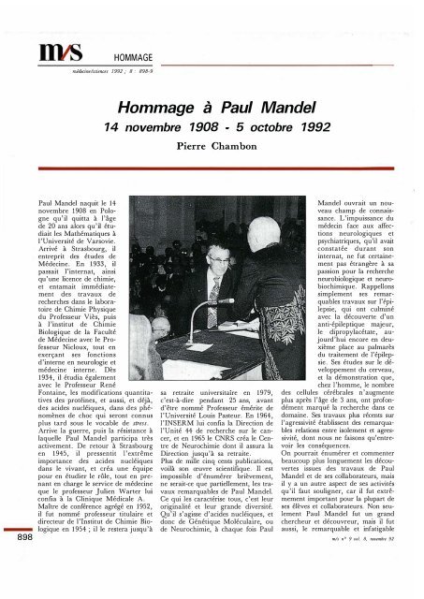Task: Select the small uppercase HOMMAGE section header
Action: click(x=130, y=55)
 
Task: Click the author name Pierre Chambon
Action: click(x=212, y=147)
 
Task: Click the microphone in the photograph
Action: click(x=222, y=300)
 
